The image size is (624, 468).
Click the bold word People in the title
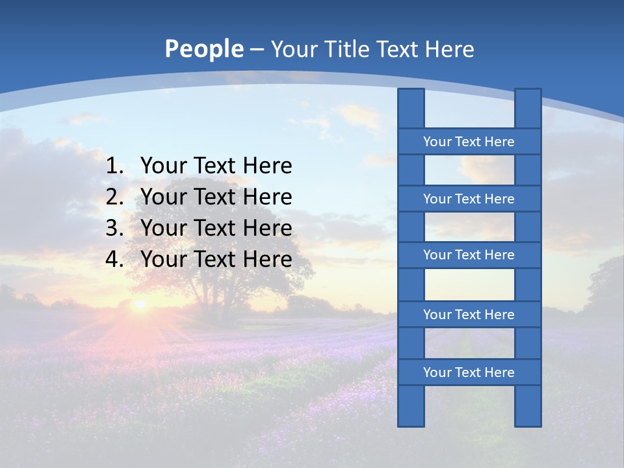203,49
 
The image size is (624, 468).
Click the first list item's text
216,166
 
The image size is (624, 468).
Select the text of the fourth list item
216,259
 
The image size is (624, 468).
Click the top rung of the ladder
469,142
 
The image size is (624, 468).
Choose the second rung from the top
469,199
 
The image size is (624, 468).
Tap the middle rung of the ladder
469,255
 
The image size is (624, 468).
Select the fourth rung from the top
469,315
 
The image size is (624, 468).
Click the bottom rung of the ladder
469,372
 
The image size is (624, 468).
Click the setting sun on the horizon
139,304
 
